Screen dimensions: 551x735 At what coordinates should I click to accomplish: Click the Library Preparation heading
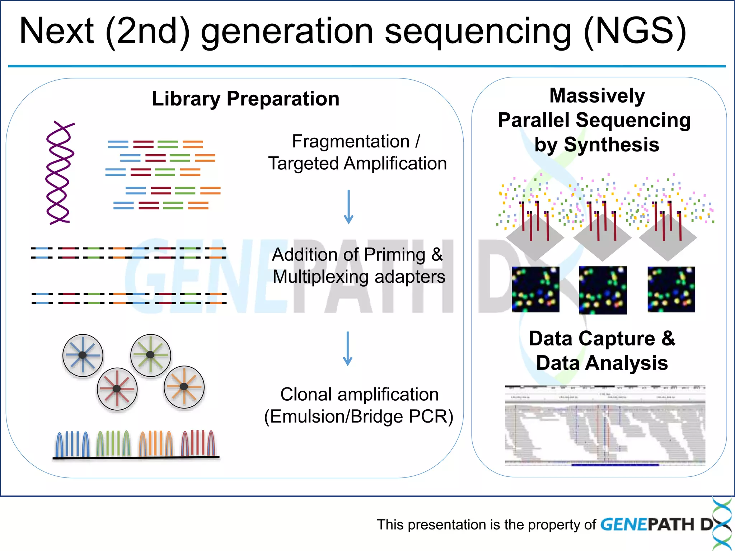coord(245,99)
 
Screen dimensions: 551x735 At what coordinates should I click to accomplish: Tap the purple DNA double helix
coord(59,173)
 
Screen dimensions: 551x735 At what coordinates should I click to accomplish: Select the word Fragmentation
coord(350,141)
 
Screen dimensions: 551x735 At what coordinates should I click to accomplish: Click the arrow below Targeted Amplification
coord(348,207)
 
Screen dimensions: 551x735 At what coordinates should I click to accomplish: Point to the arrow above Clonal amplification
coord(347,348)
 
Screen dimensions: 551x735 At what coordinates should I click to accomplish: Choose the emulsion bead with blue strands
coord(83,355)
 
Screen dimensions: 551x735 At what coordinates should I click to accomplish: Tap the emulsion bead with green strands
coord(150,355)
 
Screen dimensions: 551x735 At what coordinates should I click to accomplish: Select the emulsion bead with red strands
coord(117,388)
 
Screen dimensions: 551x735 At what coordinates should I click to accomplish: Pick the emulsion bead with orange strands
coord(184,387)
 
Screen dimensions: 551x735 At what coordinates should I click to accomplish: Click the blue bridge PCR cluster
coord(73,444)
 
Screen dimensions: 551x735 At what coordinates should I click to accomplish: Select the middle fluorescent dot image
coord(603,290)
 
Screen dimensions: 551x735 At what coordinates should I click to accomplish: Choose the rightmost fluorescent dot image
coord(671,289)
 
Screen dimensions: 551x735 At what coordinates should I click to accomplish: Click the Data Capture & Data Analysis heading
coord(602,350)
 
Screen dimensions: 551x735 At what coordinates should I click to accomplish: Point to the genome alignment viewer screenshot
coord(605,425)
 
